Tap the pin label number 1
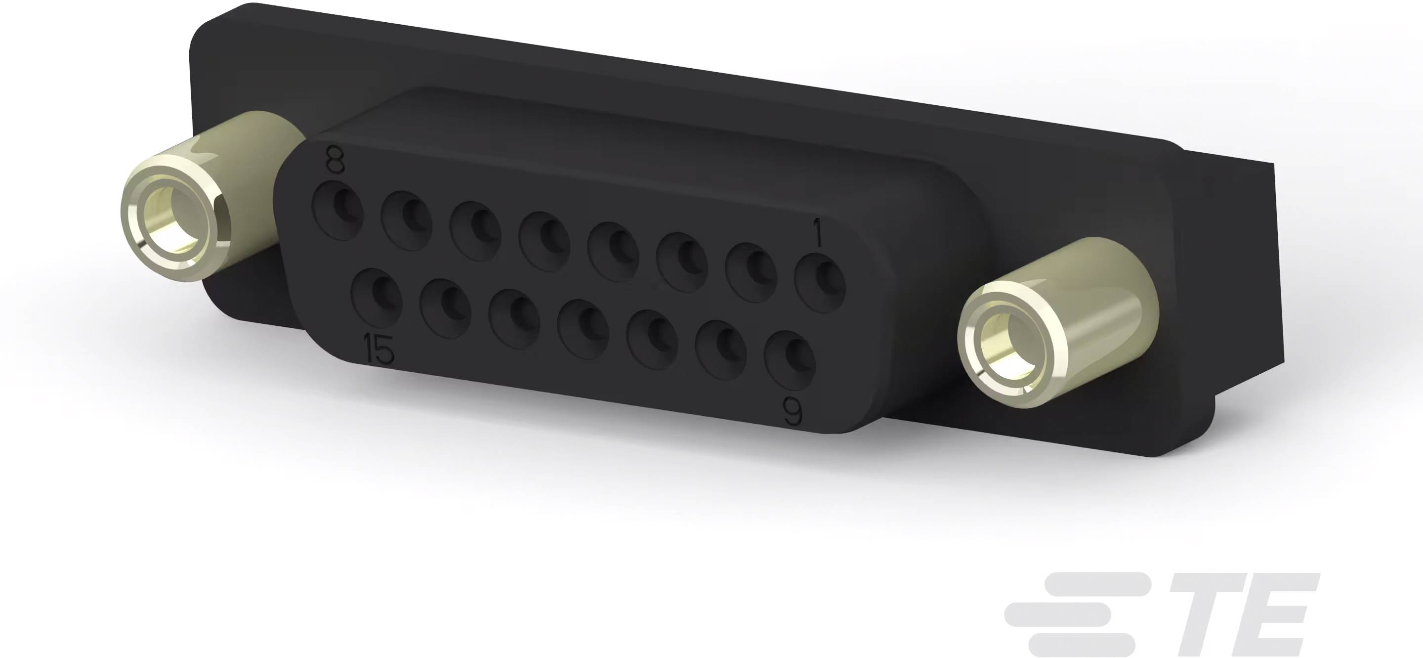[818, 236]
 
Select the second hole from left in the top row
[407, 220]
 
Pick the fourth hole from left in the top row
[544, 240]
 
